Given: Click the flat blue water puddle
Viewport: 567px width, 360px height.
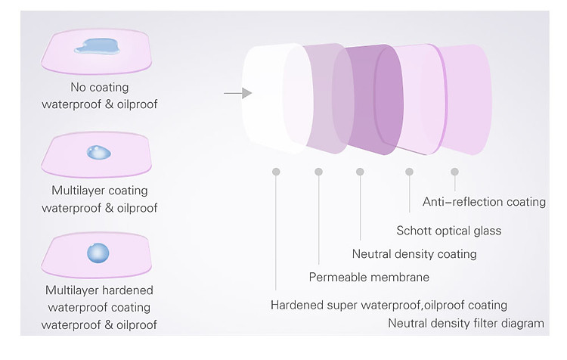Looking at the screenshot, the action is tap(98, 47).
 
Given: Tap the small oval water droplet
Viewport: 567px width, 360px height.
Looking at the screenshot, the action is tap(99, 152).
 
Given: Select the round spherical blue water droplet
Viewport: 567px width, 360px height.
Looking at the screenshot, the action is tap(98, 253).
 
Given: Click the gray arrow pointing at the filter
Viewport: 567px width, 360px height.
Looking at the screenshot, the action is tap(237, 93).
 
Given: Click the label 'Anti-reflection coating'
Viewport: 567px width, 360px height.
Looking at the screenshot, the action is tap(484, 201).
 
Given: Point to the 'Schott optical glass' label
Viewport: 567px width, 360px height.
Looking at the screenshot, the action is tap(449, 231).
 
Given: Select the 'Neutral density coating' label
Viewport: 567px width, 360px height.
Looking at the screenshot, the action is tap(414, 254).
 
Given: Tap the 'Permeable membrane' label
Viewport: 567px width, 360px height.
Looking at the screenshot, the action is tap(369, 277).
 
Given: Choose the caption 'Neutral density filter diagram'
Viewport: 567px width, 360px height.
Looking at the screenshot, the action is tap(466, 323).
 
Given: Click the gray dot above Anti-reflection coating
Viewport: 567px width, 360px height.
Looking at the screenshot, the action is tap(454, 172).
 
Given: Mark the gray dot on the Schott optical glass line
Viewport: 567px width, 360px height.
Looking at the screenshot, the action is tap(409, 172).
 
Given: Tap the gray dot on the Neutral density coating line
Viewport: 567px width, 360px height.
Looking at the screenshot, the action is tap(360, 172).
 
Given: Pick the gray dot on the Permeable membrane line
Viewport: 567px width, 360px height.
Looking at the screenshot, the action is tap(318, 172).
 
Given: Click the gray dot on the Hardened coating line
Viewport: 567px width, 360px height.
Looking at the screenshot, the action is tap(276, 172).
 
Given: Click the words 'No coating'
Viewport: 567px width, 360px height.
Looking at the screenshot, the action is tap(100, 87).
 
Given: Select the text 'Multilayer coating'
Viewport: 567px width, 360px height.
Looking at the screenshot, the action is tap(100, 191).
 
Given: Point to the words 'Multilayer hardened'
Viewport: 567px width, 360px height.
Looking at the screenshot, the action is tap(99, 290).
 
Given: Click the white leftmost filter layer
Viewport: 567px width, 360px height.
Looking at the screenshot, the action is tap(275, 98).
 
